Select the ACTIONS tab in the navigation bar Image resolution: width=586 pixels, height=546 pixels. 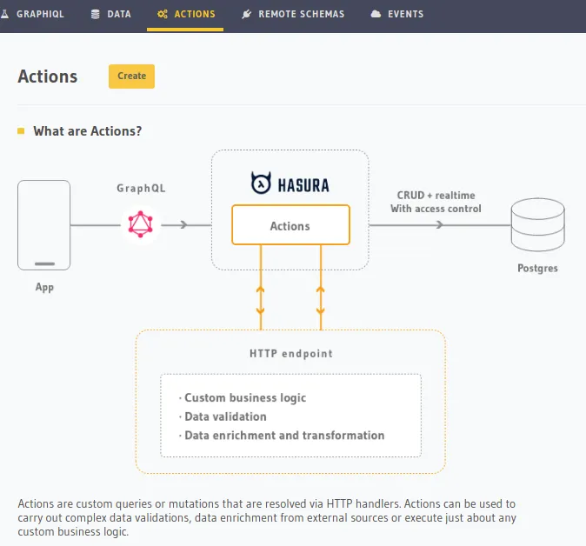point(185,15)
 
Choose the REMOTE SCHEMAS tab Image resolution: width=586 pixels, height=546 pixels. point(293,15)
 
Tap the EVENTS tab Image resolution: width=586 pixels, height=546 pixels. point(397,15)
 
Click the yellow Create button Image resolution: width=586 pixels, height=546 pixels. point(131,77)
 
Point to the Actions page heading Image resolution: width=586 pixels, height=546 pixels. point(48,77)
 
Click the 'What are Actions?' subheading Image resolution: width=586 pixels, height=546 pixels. point(87,131)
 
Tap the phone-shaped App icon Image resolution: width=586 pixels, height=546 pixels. point(43,224)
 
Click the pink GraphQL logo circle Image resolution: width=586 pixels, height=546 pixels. point(140,224)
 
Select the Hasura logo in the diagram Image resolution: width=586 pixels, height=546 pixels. point(290,184)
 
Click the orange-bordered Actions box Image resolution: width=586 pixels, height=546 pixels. point(290,225)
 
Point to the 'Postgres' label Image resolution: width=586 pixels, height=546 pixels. point(537,268)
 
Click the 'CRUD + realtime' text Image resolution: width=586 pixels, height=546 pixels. point(436,196)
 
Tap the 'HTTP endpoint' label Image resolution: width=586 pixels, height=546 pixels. point(290,354)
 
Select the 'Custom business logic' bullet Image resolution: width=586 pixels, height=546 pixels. point(244,397)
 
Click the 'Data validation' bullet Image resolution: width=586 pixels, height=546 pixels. point(225,416)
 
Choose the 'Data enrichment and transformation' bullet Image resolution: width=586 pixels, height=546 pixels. point(283,436)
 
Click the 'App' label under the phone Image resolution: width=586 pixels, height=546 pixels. point(43,287)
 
